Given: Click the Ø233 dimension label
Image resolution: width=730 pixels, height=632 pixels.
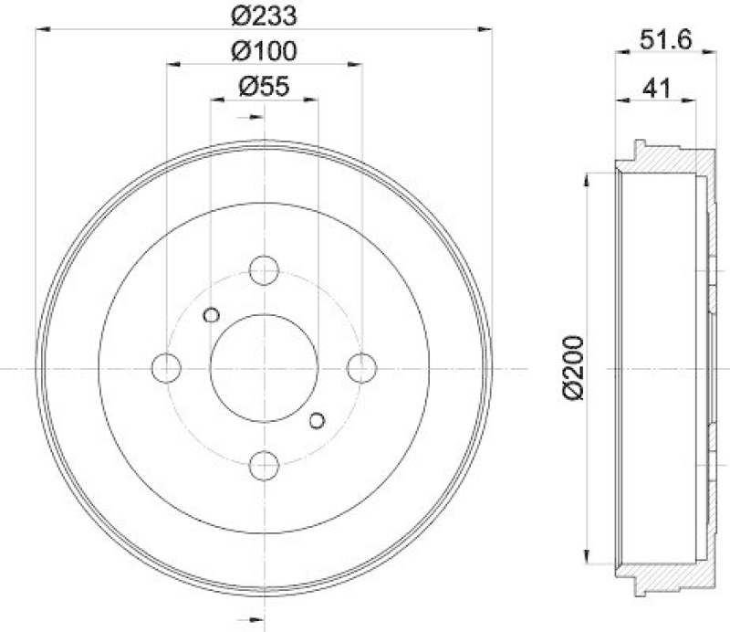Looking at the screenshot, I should pos(264,16).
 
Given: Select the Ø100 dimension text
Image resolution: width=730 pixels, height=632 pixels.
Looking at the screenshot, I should pos(264,50).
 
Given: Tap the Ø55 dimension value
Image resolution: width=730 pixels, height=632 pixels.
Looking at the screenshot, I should pos(264,87).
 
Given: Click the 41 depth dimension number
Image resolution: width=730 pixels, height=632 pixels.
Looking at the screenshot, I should pos(656,88).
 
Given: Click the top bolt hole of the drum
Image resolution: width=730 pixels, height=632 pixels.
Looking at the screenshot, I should pos(264,270).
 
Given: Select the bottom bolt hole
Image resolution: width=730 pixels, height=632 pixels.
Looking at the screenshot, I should pos(264,464).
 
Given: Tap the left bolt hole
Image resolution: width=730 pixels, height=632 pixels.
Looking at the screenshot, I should pos(166,367).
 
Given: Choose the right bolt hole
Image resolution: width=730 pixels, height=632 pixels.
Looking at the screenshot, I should pos(361,367).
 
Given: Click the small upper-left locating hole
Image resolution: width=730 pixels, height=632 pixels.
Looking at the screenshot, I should pos(211,315).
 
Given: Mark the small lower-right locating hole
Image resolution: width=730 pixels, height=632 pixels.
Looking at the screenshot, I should pos(317,420).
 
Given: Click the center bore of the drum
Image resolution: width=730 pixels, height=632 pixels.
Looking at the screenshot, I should pos(264,367).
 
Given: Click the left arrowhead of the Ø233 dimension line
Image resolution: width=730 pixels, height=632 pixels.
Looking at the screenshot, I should pos(42,30).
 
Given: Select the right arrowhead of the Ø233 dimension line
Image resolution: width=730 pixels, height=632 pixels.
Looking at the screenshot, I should pos(485,30).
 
